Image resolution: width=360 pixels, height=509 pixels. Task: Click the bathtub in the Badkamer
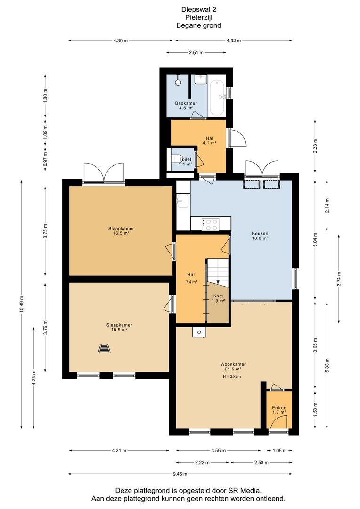(217, 98)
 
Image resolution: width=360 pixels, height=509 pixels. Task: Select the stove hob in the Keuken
(210, 224)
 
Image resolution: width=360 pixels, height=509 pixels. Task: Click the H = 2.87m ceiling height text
(232, 376)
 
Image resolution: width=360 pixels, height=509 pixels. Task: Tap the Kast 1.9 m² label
(218, 298)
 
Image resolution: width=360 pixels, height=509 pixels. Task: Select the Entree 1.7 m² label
(279, 410)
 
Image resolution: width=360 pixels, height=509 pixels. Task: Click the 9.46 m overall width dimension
(180, 474)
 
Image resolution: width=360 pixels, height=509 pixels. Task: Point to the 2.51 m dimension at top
(196, 53)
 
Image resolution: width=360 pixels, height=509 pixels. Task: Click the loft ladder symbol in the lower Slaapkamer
(105, 348)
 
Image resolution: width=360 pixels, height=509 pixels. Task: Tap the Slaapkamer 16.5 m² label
(121, 230)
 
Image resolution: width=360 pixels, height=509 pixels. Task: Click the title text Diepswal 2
(198, 10)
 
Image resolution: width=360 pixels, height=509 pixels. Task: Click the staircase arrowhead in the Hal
(218, 282)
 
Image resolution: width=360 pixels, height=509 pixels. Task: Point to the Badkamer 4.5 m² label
(186, 106)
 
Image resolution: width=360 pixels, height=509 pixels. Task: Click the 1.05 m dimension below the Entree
(279, 450)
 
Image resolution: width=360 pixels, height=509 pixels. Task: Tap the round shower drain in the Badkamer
(178, 82)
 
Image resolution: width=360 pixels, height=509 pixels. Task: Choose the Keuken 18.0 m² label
(260, 236)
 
